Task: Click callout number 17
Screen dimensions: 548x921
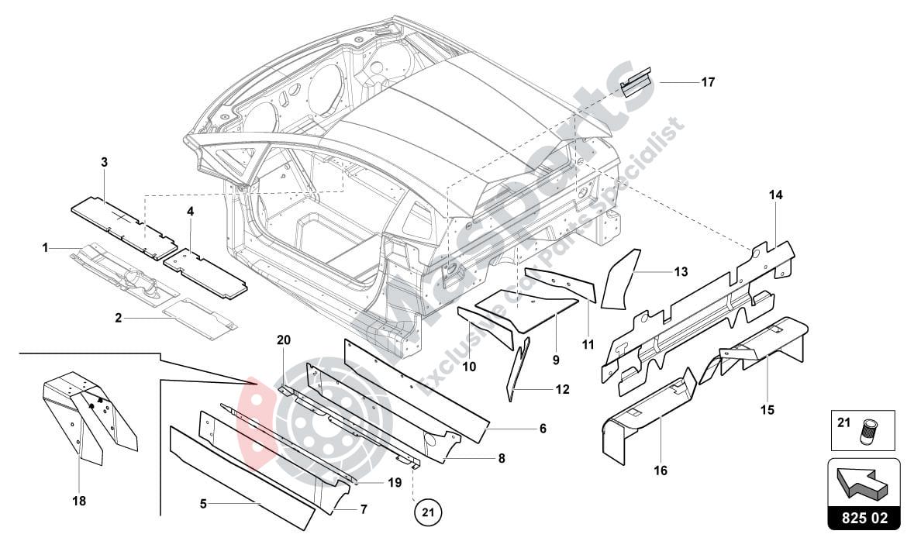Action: (707, 81)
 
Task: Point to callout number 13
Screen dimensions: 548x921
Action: (680, 272)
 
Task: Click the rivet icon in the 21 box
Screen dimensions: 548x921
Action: (868, 433)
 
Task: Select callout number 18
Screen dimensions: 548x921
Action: (79, 501)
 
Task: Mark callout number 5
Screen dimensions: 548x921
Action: (203, 504)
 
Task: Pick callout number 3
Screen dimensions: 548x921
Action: (104, 162)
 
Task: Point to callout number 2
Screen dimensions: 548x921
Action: (119, 319)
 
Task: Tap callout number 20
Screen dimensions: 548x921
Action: (283, 339)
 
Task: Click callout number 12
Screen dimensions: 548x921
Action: (562, 389)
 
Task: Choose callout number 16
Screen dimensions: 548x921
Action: (660, 470)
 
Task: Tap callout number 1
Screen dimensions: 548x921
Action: (46, 247)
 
